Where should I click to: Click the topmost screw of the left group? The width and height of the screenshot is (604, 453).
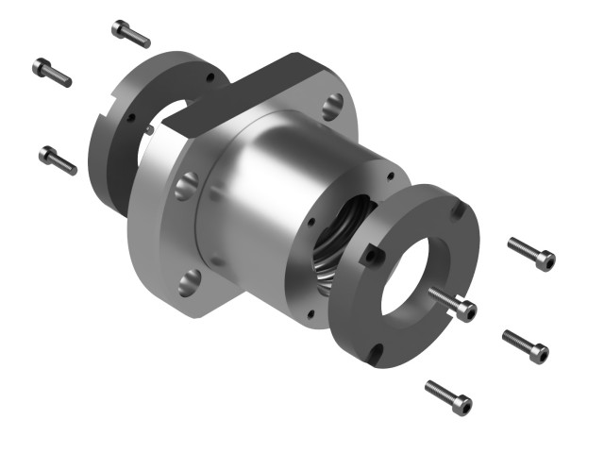click(x=130, y=33)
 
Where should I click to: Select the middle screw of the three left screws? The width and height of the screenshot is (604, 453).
click(x=52, y=72)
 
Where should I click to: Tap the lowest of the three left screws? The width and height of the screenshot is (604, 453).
click(x=58, y=159)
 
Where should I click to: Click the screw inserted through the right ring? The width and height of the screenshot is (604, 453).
click(x=452, y=303)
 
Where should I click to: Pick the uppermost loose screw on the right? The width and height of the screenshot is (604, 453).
click(x=531, y=254)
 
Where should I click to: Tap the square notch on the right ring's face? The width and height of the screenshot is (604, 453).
click(x=374, y=254)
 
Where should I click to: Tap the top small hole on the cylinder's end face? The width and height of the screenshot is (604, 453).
click(x=388, y=176)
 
